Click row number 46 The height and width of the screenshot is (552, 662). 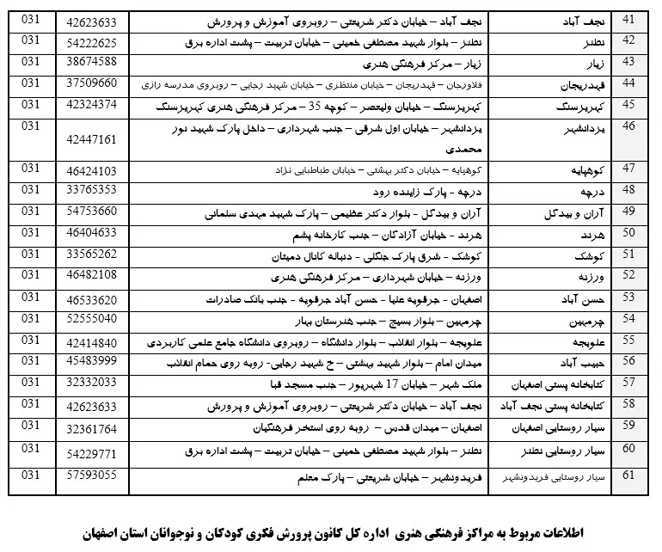pyautogui.click(x=628, y=126)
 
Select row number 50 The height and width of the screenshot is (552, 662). pyautogui.click(x=628, y=231)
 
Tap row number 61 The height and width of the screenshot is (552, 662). pyautogui.click(x=628, y=475)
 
